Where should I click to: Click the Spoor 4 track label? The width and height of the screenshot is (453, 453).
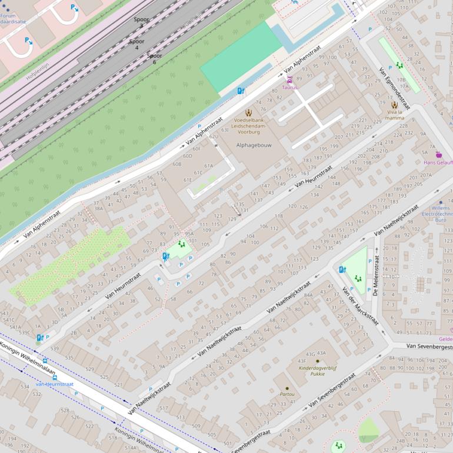pyautogui.click(x=136, y=44)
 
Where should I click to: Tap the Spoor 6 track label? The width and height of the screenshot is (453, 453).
pyautogui.click(x=154, y=59)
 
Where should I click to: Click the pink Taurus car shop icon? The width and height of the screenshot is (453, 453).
pyautogui.click(x=289, y=80)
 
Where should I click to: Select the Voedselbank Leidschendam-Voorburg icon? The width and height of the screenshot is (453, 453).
pyautogui.click(x=248, y=112)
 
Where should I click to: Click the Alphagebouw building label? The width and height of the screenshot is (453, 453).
pyautogui.click(x=254, y=145)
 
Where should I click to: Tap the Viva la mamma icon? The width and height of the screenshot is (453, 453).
pyautogui.click(x=394, y=105)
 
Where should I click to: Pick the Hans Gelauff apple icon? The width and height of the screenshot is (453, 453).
pyautogui.click(x=438, y=154)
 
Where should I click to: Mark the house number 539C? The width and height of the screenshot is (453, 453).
pyautogui.click(x=25, y=332)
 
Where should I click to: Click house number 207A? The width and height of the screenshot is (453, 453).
pyautogui.click(x=426, y=175)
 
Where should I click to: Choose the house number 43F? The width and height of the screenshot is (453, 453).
pyautogui.click(x=301, y=361)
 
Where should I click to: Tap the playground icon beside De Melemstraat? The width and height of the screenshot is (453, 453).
pyautogui.click(x=358, y=278)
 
